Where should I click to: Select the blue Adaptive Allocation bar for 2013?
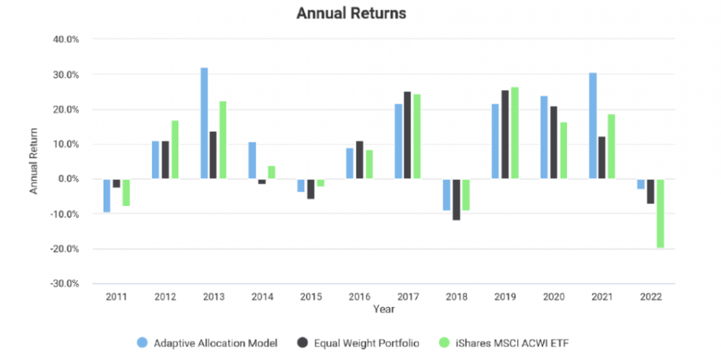click(204, 123)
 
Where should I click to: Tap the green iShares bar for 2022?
click(660, 213)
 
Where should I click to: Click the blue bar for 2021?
click(592, 126)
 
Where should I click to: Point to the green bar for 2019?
click(514, 133)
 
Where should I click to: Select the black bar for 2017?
click(407, 135)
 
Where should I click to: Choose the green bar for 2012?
click(175, 150)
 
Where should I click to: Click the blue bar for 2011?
click(107, 195)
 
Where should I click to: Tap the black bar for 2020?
click(553, 143)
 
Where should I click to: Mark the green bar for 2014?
click(272, 173)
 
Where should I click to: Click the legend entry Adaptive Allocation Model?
click(208, 343)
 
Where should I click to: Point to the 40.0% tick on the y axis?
click(66, 40)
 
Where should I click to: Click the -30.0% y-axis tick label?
click(65, 284)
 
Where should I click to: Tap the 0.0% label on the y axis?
click(68, 179)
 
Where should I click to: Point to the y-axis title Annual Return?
click(33, 161)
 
